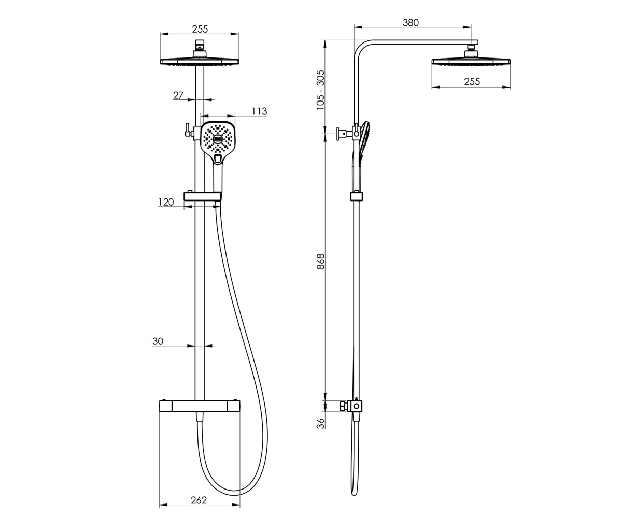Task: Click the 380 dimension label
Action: [411, 23]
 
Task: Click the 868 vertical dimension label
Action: [320, 262]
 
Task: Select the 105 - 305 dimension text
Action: [320, 90]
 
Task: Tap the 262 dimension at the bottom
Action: [199, 500]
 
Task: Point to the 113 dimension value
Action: [259, 111]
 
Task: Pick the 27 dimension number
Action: [178, 95]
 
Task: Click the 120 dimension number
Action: [166, 202]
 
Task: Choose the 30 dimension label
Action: [158, 341]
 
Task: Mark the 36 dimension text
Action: [320, 423]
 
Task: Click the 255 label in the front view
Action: [200, 29]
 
